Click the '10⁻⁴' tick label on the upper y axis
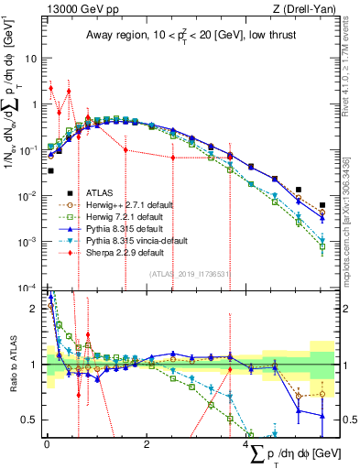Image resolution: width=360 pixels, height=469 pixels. [29, 288]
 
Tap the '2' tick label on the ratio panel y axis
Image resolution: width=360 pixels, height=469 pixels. [36, 307]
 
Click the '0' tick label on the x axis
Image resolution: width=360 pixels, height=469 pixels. [47, 444]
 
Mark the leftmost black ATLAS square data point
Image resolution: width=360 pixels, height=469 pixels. [50, 170]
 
